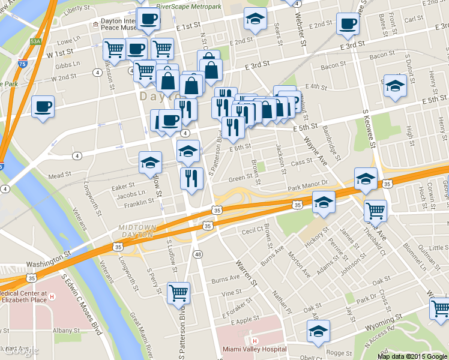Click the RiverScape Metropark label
coord(188,6)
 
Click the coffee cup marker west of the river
coord(43,107)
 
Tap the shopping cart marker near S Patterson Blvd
coord(178,293)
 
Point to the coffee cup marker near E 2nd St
coord(347,25)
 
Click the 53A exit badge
coord(36,41)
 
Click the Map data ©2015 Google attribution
coord(412,356)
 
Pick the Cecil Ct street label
coord(252,230)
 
